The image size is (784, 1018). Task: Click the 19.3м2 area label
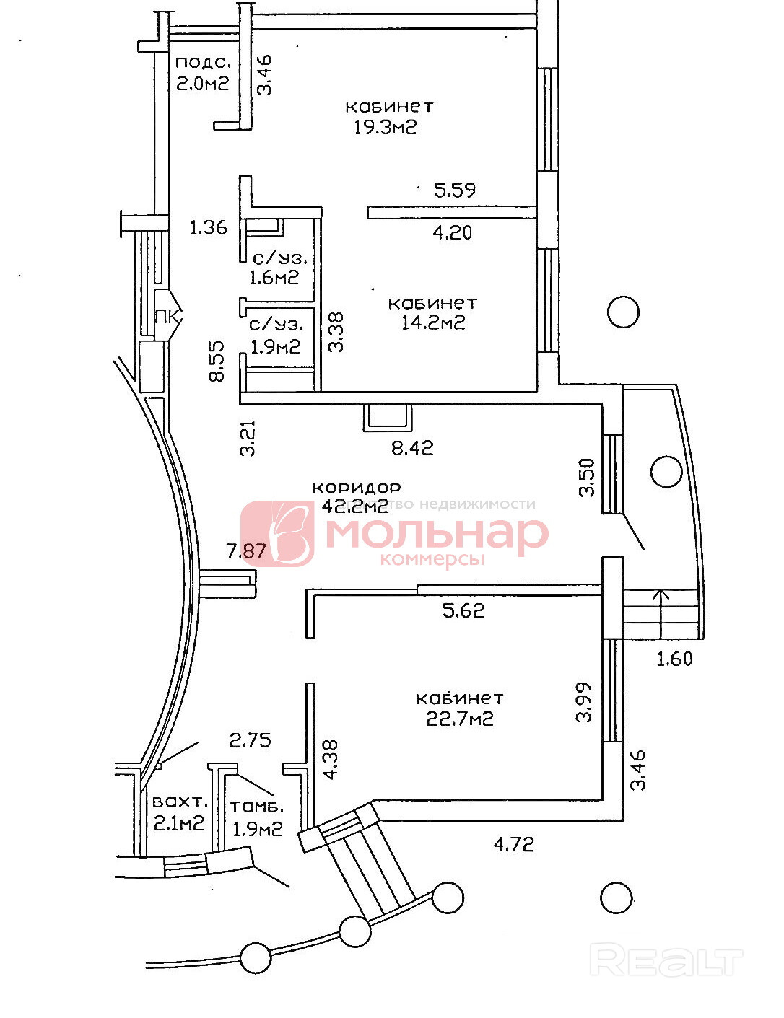click(x=386, y=128)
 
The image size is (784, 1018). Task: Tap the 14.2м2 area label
click(x=433, y=322)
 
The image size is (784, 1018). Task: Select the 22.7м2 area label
click(x=460, y=719)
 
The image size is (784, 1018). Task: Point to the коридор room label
click(x=356, y=488)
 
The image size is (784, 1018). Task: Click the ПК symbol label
click(x=167, y=316)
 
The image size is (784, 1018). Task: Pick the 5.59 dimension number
click(x=455, y=190)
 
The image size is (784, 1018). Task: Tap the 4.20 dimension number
click(x=453, y=232)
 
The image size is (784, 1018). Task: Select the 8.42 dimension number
click(x=412, y=448)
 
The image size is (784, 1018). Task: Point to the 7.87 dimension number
click(x=247, y=552)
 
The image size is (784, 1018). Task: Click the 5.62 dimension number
click(x=463, y=611)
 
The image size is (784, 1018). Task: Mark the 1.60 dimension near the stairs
click(x=674, y=659)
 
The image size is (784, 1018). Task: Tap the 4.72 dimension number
click(x=514, y=843)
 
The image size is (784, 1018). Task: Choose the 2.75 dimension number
click(x=250, y=740)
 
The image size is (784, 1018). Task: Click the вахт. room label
click(x=180, y=802)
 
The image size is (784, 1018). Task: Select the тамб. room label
click(x=256, y=807)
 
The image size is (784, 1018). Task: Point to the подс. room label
click(x=203, y=63)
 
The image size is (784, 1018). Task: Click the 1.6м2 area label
click(x=274, y=278)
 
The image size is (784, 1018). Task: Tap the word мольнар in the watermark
click(x=437, y=534)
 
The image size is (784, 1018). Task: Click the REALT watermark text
click(x=666, y=961)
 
